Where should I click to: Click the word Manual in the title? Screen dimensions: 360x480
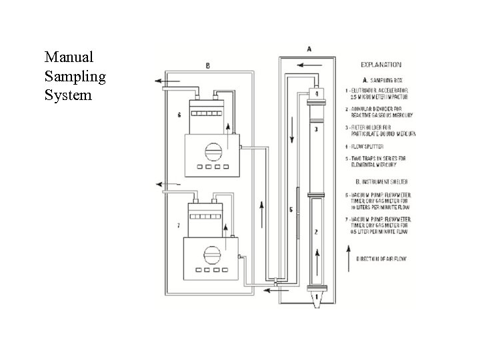pyautogui.click(x=69, y=57)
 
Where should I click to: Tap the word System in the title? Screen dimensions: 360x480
pyautogui.click(x=67, y=95)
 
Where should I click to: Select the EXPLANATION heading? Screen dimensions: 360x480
pyautogui.click(x=381, y=65)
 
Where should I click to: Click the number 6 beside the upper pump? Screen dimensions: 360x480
pyautogui.click(x=179, y=115)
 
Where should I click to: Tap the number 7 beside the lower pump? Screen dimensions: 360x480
pyautogui.click(x=179, y=226)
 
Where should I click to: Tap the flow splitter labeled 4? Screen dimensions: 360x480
pyautogui.click(x=318, y=93)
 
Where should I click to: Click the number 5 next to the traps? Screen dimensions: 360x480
pyautogui.click(x=291, y=210)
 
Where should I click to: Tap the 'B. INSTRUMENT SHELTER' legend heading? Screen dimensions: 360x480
pyautogui.click(x=383, y=181)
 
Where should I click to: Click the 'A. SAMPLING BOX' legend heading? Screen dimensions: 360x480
pyautogui.click(x=381, y=79)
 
